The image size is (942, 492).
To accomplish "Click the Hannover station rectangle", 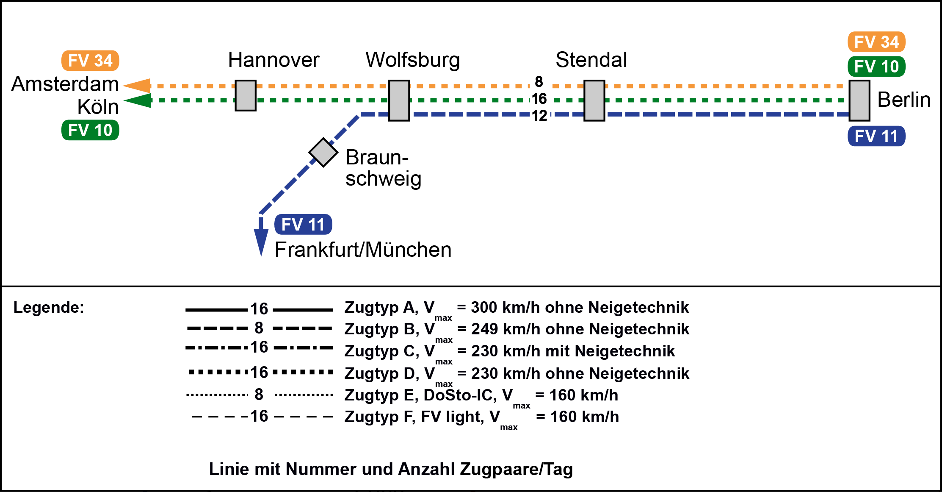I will [x=246, y=96].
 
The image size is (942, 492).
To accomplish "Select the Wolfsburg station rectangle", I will [x=399, y=101].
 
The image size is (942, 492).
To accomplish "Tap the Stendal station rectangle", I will [x=594, y=101].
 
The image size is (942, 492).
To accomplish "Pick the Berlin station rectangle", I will [x=859, y=101].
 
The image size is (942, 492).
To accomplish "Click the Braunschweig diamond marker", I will [x=323, y=153].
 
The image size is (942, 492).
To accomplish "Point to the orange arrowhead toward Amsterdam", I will [x=138, y=86].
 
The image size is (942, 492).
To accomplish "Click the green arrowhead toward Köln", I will [x=138, y=101].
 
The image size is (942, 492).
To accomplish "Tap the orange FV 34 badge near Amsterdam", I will [x=90, y=61].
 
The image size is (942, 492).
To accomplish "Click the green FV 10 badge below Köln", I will [x=90, y=130].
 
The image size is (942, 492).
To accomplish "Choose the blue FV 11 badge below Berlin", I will [x=876, y=136].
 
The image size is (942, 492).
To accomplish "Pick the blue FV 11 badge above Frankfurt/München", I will [x=303, y=225].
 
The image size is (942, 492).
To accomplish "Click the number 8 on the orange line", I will [x=539, y=81].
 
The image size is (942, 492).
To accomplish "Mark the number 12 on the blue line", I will [x=539, y=116].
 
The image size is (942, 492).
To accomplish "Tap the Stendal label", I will [x=591, y=60].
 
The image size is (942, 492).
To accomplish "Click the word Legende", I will [x=49, y=307].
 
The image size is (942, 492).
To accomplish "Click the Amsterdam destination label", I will [x=65, y=84].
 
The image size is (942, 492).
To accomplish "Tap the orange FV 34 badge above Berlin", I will [x=876, y=42].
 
